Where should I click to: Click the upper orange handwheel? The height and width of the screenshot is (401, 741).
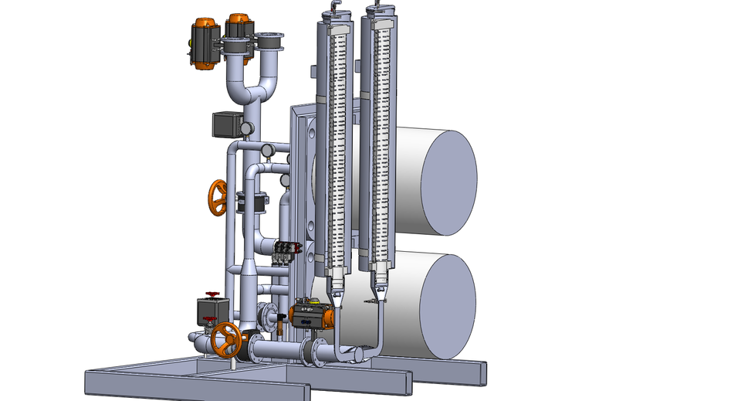(x=218, y=198)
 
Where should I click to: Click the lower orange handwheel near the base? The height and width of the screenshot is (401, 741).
(x=227, y=338)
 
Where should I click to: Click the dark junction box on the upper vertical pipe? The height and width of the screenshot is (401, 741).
(x=227, y=124)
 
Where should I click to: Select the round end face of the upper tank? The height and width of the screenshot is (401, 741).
(x=448, y=182)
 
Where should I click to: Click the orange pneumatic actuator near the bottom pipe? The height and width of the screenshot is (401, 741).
(x=313, y=316)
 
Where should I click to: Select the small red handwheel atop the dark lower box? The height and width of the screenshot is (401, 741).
(x=211, y=294)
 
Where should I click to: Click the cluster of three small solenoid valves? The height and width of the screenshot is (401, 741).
(x=287, y=250)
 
